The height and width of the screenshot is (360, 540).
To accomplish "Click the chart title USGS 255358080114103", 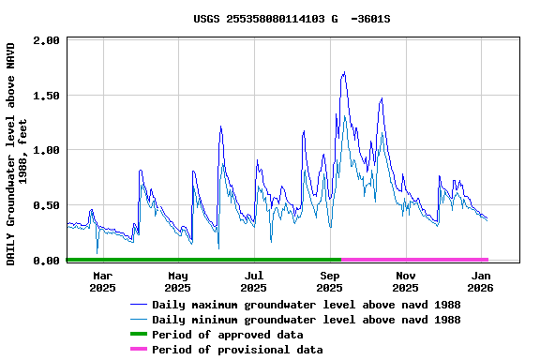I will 292,18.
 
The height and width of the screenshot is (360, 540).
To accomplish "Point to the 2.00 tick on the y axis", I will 49,40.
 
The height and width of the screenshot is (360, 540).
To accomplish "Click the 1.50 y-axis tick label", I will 49,96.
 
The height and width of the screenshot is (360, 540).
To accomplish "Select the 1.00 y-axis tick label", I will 49,150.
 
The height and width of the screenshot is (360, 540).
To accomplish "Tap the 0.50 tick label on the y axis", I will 49,205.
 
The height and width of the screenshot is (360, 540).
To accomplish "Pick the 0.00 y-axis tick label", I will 49,261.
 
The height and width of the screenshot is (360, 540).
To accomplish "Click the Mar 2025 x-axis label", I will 102,281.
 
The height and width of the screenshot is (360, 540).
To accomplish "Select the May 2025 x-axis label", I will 178,281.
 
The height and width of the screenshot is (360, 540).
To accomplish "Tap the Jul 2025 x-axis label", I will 253,281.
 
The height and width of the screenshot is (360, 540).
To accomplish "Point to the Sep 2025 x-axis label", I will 330,281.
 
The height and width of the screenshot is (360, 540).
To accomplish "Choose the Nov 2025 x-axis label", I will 406,281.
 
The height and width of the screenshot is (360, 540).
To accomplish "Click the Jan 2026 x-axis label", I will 481,281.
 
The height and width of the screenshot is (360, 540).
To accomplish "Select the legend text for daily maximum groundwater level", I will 306,305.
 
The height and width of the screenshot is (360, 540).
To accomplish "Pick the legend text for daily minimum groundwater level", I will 306,320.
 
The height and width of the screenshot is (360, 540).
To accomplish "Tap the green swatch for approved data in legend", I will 139,335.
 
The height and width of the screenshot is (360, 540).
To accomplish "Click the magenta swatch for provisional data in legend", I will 139,350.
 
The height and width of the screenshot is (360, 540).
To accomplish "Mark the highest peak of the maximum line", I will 344,72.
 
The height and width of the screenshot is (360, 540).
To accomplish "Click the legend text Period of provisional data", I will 237,350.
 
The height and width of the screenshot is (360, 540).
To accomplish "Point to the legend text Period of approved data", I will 227,335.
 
